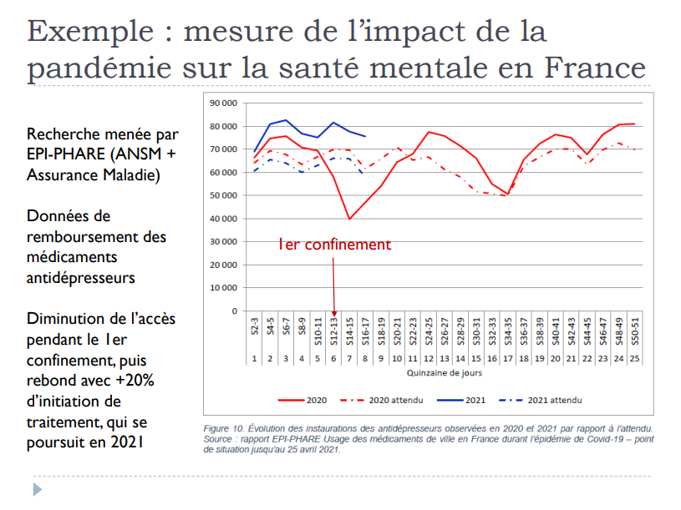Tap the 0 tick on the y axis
tap(236, 311)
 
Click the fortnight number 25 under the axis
tap(635, 359)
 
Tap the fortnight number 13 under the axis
tap(445, 359)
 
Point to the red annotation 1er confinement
tap(334, 245)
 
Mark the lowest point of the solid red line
tap(349, 220)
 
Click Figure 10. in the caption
tap(228, 428)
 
